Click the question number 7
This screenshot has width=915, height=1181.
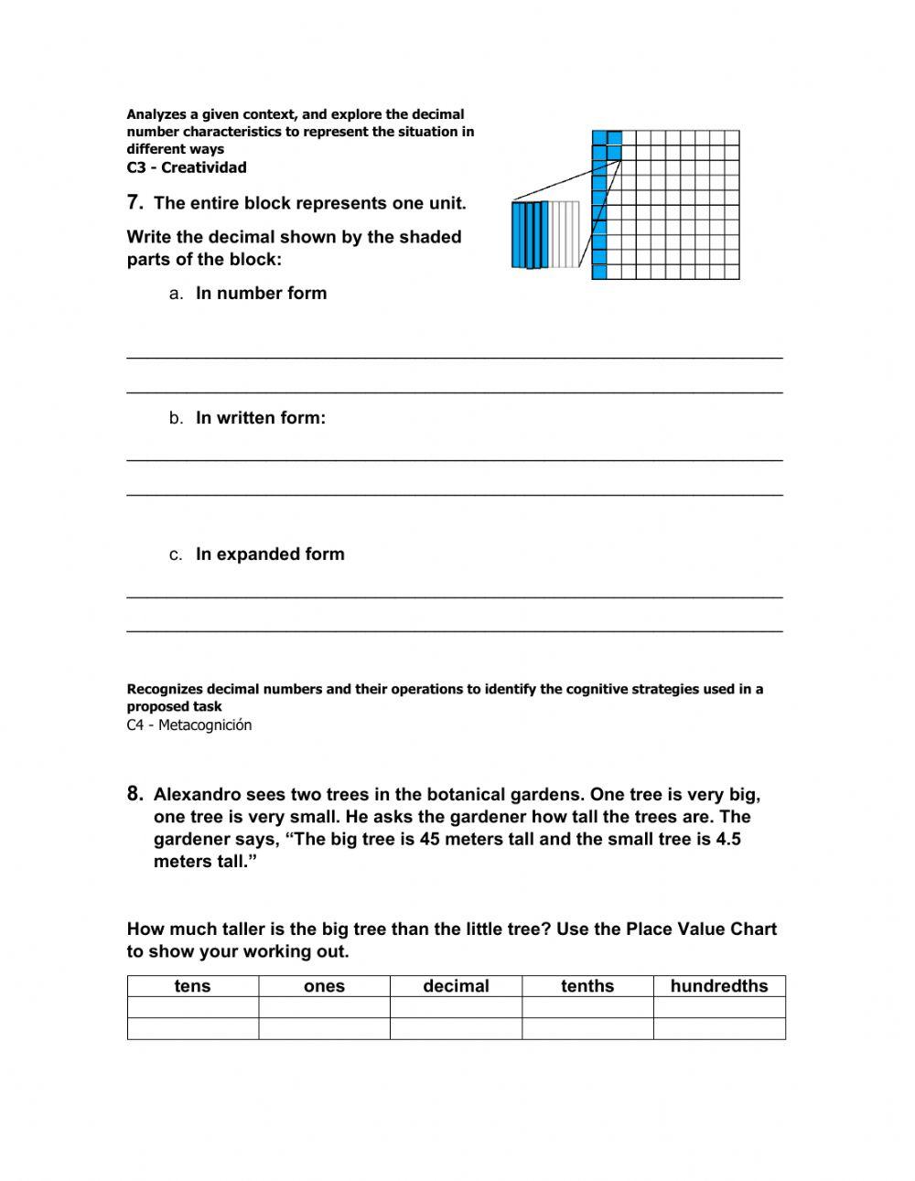tap(135, 202)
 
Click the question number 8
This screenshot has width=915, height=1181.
tap(135, 794)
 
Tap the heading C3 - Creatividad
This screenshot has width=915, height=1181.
tap(187, 167)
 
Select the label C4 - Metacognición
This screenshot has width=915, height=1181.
tap(188, 725)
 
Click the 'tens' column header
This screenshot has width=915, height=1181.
tap(192, 986)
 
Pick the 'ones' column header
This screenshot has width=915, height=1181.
tap(324, 986)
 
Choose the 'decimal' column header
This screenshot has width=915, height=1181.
tap(456, 986)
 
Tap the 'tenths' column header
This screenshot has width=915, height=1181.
tap(587, 986)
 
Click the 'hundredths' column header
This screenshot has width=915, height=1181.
tap(719, 986)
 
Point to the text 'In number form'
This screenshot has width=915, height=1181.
tap(261, 294)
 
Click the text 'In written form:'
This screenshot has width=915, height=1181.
tap(261, 418)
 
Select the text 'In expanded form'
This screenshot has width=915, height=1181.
tap(270, 554)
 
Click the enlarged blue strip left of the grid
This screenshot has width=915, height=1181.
tap(530, 235)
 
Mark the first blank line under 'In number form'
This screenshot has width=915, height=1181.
tap(455, 356)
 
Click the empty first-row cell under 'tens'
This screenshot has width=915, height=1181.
tap(192, 1007)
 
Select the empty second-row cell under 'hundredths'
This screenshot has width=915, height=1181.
tap(719, 1029)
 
